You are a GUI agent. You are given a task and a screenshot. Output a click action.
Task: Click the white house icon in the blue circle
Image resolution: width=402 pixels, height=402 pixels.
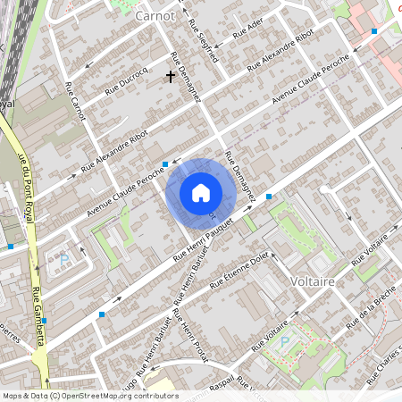(201, 192)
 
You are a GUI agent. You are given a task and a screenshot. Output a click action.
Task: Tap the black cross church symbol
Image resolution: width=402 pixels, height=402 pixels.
(170, 78)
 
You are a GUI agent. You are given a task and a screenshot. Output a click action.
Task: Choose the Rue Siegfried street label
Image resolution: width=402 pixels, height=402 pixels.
(202, 36)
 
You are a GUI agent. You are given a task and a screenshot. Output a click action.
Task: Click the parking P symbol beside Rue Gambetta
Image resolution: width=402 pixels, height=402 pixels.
(63, 260)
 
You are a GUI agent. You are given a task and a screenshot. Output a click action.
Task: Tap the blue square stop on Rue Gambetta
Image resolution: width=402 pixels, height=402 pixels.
(44, 321)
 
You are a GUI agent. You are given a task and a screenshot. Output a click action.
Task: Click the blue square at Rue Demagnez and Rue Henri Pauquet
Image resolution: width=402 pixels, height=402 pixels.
(268, 197)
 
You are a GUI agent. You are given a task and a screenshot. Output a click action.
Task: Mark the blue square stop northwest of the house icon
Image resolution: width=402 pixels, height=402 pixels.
(165, 164)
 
